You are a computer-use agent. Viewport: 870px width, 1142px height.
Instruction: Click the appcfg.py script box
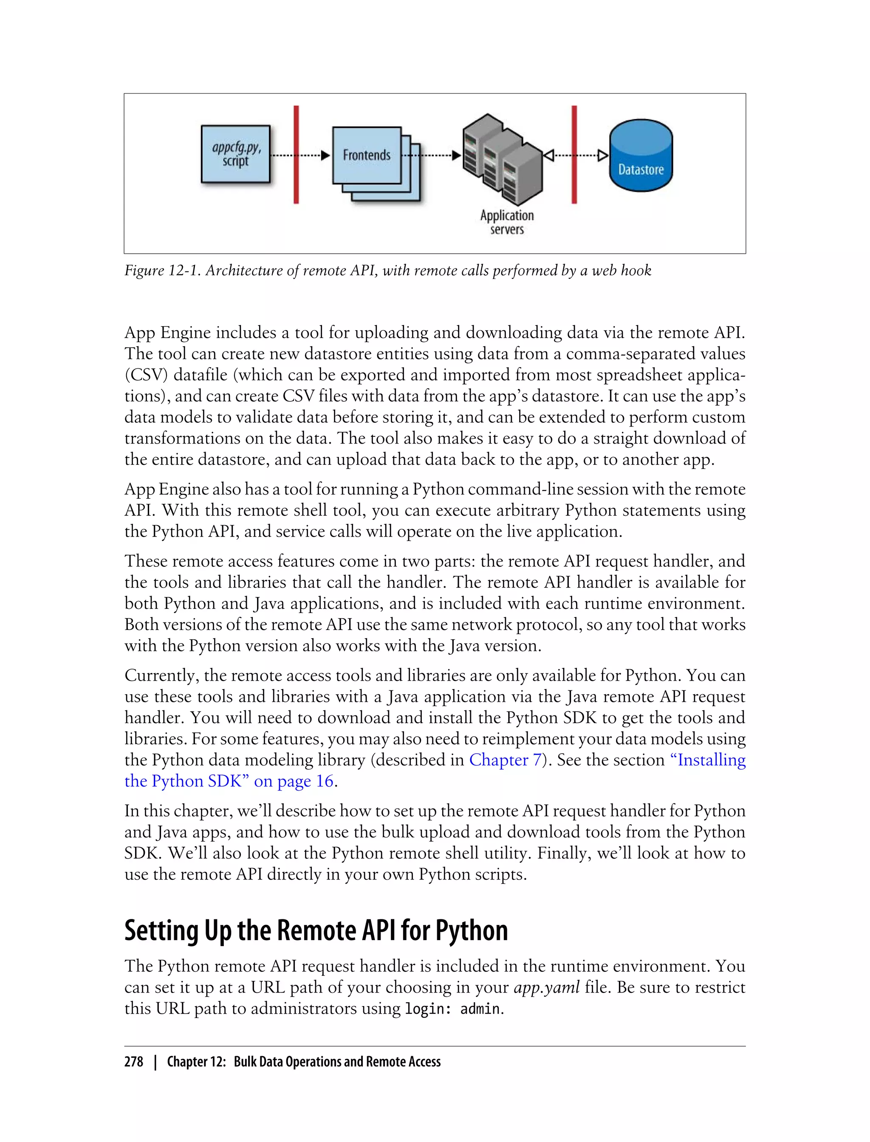[236, 154]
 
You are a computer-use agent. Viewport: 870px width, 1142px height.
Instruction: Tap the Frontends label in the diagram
[367, 155]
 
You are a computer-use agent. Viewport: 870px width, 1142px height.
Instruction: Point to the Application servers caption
[507, 222]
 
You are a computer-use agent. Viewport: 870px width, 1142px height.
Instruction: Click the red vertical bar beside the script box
[296, 154]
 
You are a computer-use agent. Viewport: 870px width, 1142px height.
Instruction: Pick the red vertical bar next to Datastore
[574, 154]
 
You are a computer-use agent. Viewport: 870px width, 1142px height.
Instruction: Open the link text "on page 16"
[294, 781]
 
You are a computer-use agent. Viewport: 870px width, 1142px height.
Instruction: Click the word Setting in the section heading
[161, 931]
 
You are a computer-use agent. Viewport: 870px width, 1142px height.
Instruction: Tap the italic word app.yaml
[547, 988]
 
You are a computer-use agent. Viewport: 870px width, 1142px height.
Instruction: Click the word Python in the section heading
[471, 931]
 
